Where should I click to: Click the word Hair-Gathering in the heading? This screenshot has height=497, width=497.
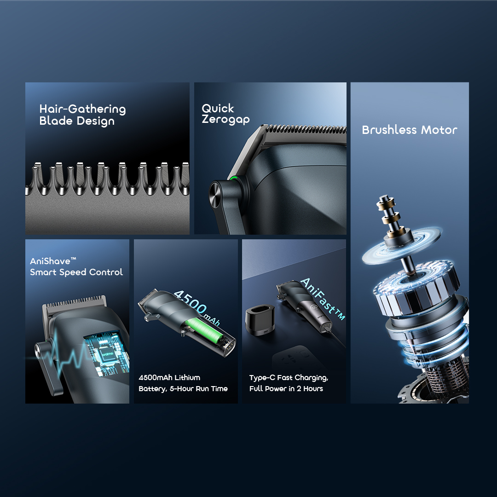(82, 109)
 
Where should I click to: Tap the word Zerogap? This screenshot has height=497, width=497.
(225, 120)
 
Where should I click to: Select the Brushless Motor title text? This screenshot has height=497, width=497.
(410, 130)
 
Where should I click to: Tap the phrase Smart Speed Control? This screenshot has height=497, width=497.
(76, 272)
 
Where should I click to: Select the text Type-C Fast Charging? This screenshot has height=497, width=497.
(289, 378)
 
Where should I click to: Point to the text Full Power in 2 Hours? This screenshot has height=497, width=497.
(286, 389)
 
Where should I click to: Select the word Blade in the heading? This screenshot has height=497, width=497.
(53, 121)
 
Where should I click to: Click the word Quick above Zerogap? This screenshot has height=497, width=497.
(218, 109)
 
